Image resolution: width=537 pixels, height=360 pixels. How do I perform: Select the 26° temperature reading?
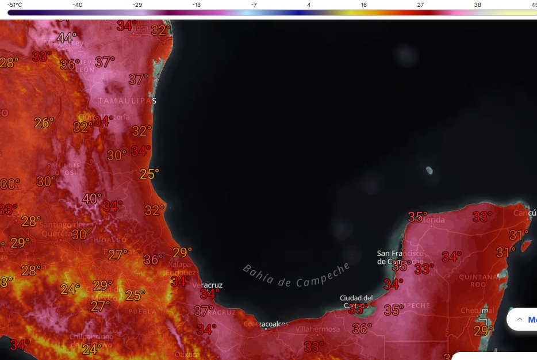point(44,122)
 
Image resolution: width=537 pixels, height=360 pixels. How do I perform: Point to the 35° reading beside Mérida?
point(418,217)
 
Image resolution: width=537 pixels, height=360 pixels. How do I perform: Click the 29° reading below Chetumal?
point(484,331)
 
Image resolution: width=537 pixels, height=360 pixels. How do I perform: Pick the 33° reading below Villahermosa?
point(314,347)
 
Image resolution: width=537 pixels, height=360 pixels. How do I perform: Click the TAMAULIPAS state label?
point(127,101)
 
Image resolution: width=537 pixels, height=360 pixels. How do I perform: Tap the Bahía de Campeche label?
point(296,275)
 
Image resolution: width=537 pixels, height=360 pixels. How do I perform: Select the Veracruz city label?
point(208,285)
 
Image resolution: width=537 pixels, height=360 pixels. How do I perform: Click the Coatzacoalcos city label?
point(266,324)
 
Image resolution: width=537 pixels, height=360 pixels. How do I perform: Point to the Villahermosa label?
point(318,330)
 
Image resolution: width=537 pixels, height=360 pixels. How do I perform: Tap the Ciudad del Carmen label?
point(356,301)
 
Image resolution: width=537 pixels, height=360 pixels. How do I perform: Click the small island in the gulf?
point(428,170)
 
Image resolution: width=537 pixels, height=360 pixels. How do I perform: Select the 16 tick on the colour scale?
point(364,5)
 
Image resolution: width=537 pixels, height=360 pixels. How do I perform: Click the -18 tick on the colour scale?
point(197,5)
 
